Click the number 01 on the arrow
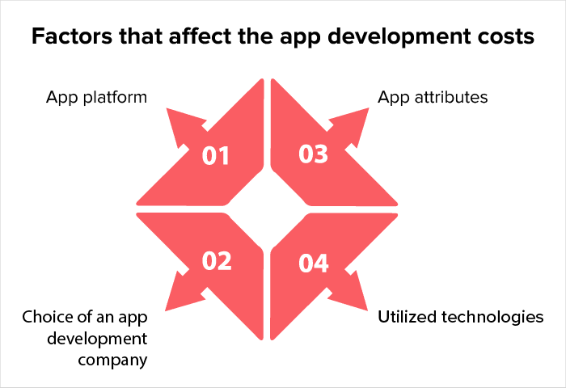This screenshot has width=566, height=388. (216, 156)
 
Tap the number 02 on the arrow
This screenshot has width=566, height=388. (217, 261)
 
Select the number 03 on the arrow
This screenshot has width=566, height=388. (313, 154)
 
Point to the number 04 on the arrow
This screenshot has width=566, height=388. (314, 264)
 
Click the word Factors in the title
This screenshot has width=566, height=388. (72, 36)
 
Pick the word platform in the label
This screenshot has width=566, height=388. (115, 98)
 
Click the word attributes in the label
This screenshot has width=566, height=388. (451, 97)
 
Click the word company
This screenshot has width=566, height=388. (112, 361)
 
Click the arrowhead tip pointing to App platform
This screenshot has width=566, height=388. (167, 109)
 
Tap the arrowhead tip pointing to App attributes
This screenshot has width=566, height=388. (369, 108)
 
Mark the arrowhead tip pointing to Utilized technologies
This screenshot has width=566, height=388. (367, 310)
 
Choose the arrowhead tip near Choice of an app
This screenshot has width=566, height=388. (166, 310)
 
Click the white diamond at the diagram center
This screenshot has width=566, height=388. (267, 209)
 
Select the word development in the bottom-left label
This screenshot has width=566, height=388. (97, 339)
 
